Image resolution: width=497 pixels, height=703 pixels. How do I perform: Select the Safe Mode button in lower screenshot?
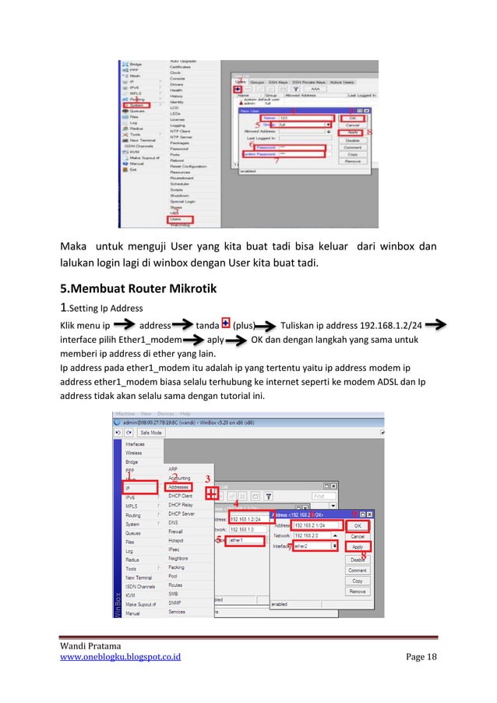point(151,431)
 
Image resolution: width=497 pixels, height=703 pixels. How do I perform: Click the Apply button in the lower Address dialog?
point(357,547)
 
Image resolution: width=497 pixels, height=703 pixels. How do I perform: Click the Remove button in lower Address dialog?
point(357,592)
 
